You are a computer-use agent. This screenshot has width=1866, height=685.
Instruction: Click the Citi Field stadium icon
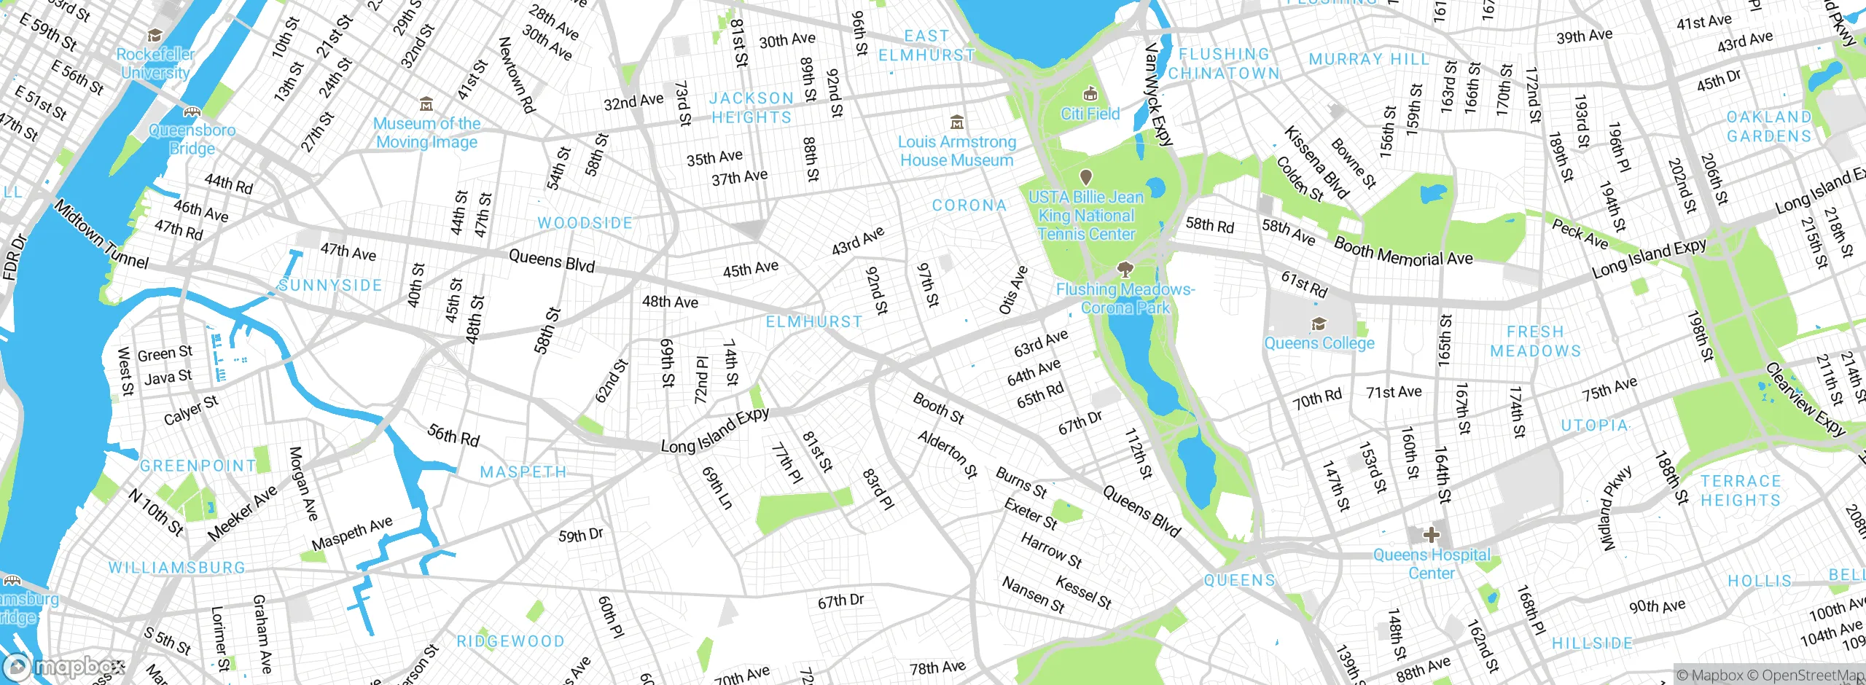(x=1090, y=93)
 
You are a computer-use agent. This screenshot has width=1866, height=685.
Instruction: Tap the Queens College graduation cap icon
(x=1318, y=324)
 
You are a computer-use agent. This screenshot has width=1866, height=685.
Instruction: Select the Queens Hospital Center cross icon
(x=1431, y=535)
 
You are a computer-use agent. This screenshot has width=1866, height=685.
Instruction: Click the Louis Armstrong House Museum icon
(x=957, y=122)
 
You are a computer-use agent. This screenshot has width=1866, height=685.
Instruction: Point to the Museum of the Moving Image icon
(x=426, y=104)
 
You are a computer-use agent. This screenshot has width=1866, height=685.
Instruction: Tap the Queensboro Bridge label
(x=192, y=139)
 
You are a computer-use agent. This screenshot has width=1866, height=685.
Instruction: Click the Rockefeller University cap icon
(x=155, y=36)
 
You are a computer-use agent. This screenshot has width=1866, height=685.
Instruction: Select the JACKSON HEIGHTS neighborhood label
(x=752, y=108)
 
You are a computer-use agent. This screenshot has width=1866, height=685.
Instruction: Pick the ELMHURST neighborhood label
(x=813, y=321)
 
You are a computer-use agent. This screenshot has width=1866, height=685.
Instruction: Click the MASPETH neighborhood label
(x=523, y=472)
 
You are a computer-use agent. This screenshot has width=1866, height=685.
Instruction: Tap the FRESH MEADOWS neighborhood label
(x=1535, y=341)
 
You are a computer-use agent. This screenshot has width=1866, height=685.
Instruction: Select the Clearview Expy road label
(x=1804, y=399)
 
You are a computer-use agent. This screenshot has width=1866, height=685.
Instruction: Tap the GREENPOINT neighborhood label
(x=198, y=466)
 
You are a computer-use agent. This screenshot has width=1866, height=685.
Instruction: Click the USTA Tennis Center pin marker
(x=1085, y=177)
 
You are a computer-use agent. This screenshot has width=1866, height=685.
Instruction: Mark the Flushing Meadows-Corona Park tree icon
(x=1125, y=270)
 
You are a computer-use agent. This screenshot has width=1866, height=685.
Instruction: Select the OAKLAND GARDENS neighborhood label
(x=1768, y=127)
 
